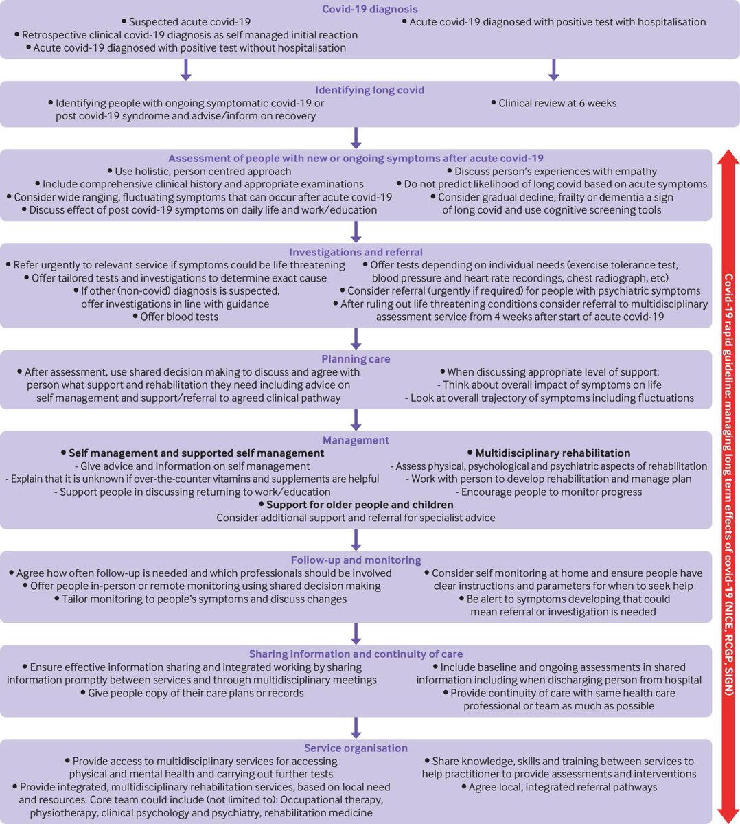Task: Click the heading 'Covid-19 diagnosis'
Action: [370, 10]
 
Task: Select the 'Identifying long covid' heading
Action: [369, 90]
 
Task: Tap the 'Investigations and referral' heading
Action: [356, 252]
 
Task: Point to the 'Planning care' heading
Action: [356, 359]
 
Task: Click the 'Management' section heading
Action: [356, 440]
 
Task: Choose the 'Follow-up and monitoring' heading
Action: [356, 560]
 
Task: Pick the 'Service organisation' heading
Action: [356, 748]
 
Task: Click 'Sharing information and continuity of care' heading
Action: [356, 654]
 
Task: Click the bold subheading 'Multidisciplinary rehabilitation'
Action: [553, 453]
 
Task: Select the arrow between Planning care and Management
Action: [356, 418]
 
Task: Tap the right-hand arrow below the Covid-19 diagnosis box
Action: [554, 69]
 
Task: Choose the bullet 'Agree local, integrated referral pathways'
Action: [562, 787]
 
